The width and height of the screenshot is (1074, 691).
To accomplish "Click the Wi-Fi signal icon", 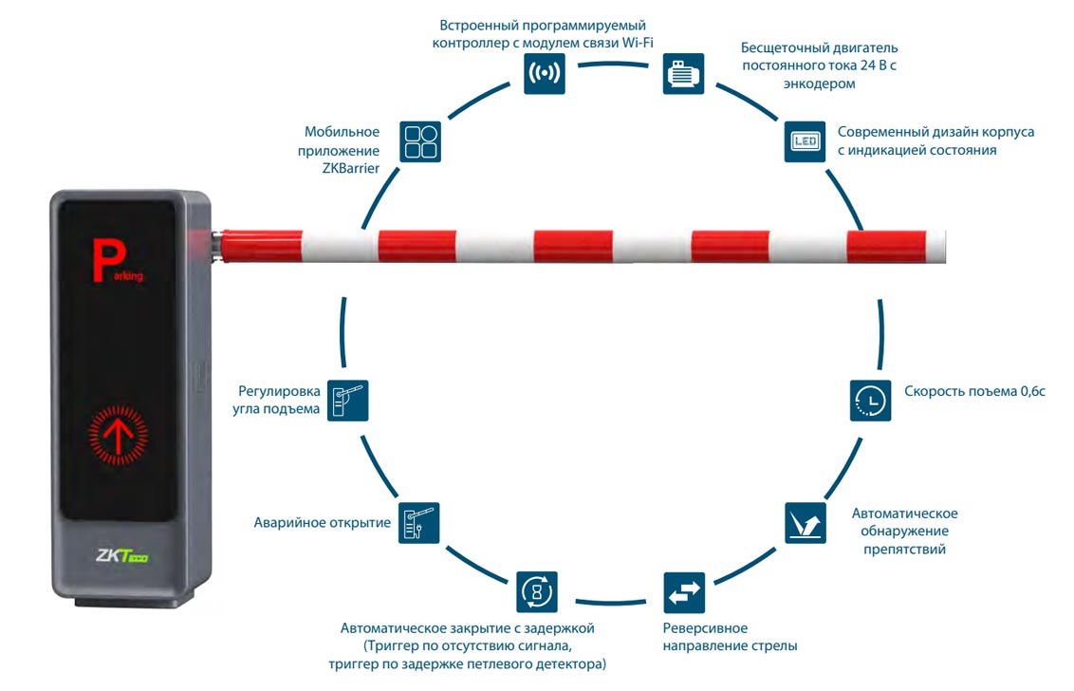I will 544,73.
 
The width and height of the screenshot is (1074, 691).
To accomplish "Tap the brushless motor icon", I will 682,73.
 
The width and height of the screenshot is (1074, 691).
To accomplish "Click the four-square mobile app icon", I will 420,141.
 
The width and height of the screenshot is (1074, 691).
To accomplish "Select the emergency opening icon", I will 419,522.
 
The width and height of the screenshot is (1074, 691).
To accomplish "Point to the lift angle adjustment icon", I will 347,400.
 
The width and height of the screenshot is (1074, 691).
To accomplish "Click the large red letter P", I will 105,259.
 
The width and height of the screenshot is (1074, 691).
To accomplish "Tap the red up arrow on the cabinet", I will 119,435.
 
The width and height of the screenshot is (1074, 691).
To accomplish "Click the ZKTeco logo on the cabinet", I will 122,557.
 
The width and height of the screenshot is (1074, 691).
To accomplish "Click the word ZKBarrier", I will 343,168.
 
